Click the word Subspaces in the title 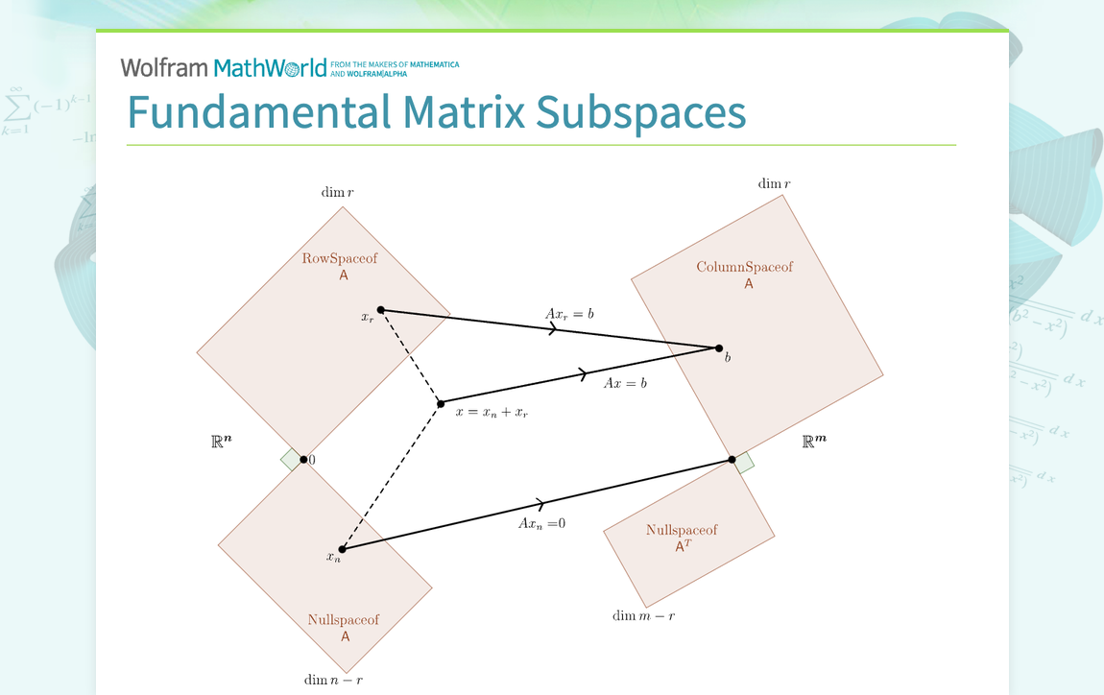[640, 112]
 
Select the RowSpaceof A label [340, 266]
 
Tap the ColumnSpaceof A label [745, 275]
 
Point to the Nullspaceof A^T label [682, 538]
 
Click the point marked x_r [381, 310]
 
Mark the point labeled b [719, 347]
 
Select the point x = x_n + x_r [441, 403]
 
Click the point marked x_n [342, 549]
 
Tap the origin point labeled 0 [303, 460]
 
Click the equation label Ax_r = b [569, 314]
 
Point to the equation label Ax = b [625, 383]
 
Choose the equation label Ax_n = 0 [542, 523]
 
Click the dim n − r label [334, 680]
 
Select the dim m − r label [643, 615]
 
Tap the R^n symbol [221, 442]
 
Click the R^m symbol [814, 441]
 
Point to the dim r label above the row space [337, 192]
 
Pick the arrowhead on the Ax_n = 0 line [540, 504]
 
